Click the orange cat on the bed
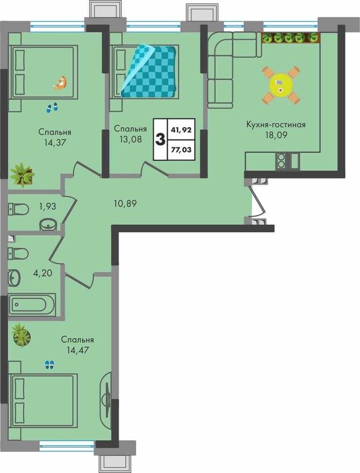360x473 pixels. tap(60, 83)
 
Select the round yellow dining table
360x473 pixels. tap(281, 84)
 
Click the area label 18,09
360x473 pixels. tap(276, 135)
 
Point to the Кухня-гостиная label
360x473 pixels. tap(276, 124)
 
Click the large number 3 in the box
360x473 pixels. tap(160, 139)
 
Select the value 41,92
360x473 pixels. tap(181, 130)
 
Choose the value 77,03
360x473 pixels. tap(181, 149)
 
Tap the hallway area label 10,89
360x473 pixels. tap(125, 204)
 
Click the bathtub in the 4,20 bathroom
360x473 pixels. tap(32, 304)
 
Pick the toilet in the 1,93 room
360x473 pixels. tap(19, 209)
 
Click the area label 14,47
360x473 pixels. tap(78, 350)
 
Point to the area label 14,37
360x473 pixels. tap(55, 142)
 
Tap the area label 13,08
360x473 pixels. tap(131, 139)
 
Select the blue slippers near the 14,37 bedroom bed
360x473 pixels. tap(52, 107)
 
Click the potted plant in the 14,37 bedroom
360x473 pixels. tap(22, 175)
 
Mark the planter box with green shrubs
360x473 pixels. tap(290, 38)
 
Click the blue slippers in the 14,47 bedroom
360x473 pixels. tap(49, 365)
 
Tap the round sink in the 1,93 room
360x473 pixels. tap(48, 224)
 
